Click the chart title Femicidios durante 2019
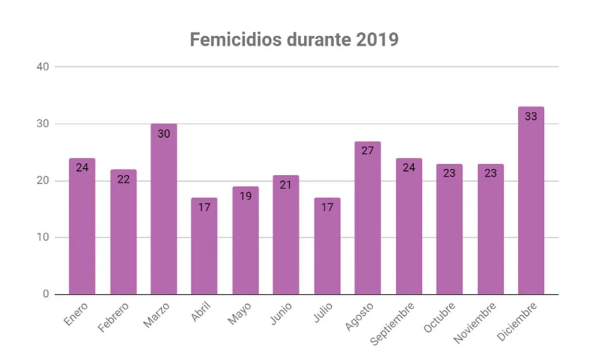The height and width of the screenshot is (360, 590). point(294,40)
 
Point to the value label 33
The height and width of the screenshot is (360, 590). point(531,116)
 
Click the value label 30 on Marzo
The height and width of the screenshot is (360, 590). point(164,133)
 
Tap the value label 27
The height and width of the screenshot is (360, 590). point(368,150)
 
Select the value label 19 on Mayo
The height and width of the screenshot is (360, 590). point(245,196)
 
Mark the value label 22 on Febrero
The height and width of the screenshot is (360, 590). point(123,179)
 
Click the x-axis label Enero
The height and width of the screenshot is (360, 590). point(77,314)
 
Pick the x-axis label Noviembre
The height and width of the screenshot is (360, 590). point(475,322)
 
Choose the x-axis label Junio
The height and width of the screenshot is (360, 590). point(281,314)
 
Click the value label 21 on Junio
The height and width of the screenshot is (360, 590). point(286,184)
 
